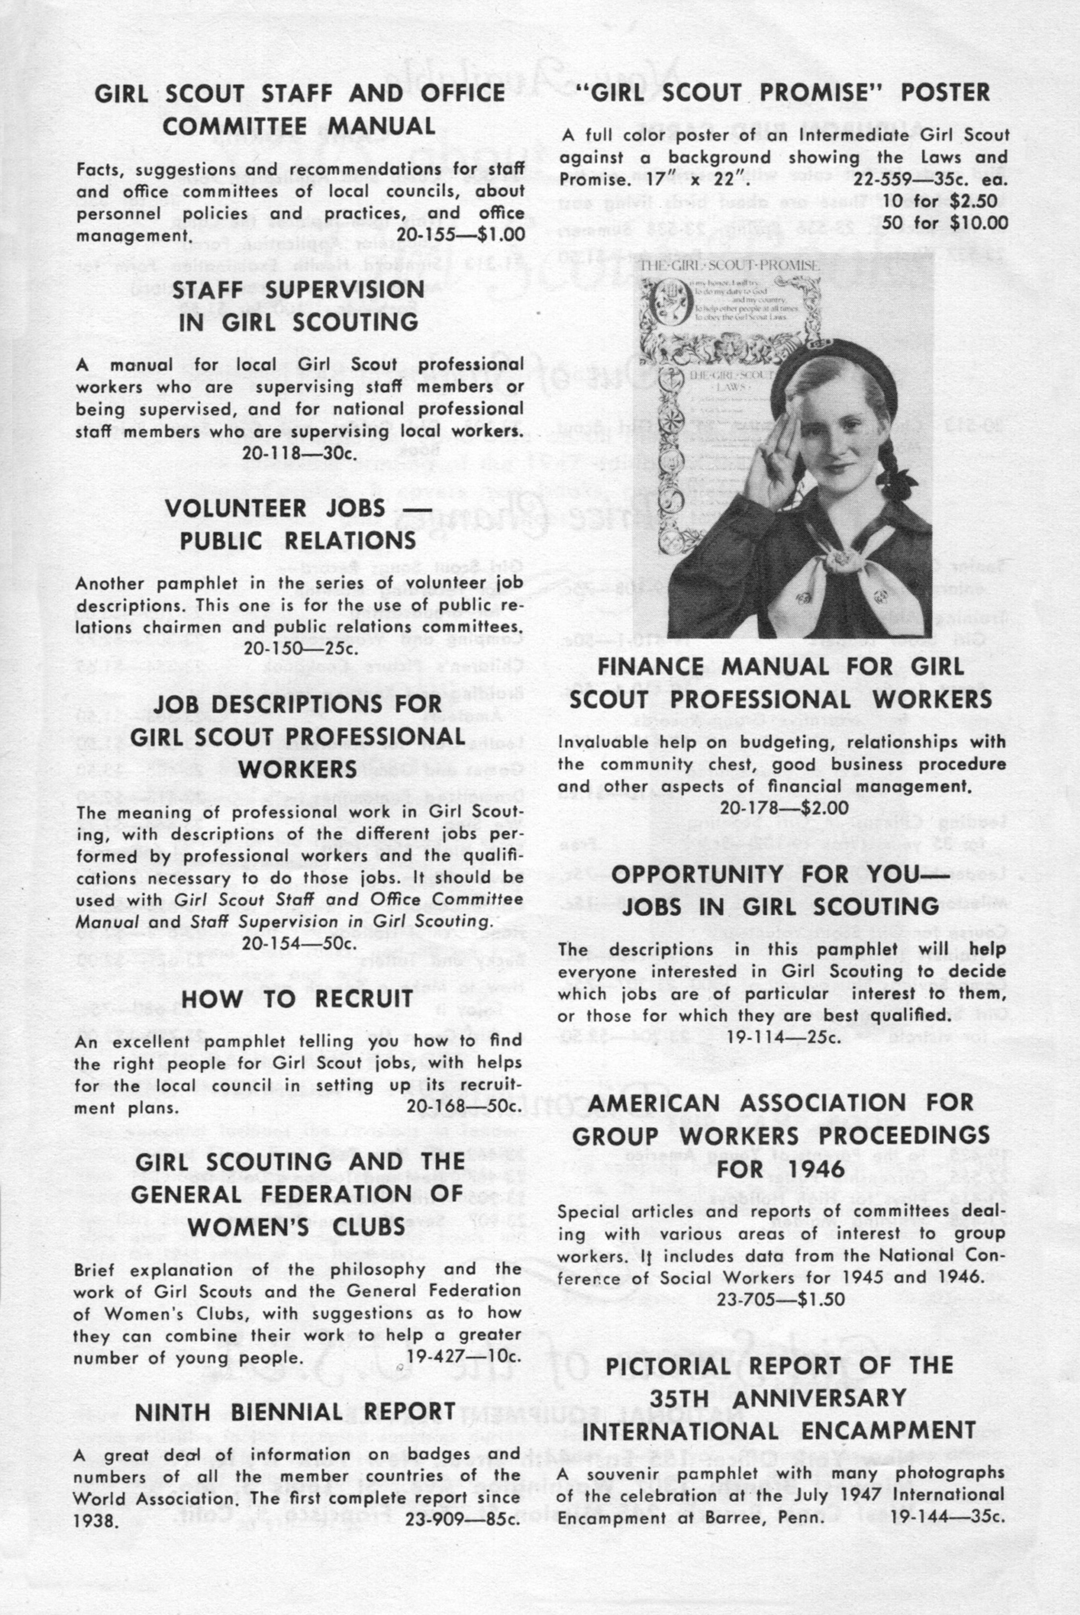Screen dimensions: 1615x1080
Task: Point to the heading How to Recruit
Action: [297, 999]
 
